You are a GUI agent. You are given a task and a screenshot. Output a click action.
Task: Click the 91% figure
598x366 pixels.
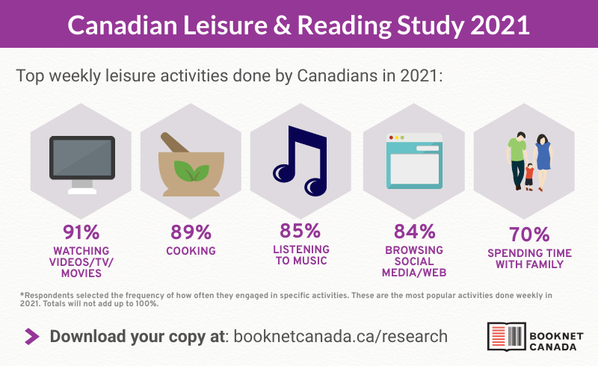[x=81, y=232]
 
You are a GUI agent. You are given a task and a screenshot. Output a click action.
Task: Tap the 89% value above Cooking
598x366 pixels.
[x=190, y=232]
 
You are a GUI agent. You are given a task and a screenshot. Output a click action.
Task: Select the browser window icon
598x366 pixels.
[x=413, y=161]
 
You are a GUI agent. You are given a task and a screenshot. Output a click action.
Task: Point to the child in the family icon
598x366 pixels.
[x=529, y=176]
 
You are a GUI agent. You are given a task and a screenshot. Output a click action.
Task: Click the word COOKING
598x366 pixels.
[x=190, y=251]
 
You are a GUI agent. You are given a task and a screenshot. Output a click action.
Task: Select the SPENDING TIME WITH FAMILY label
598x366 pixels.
[x=524, y=258]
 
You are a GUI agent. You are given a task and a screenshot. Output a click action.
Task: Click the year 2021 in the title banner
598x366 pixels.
[x=499, y=25]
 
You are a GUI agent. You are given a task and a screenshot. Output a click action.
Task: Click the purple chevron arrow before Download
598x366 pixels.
[x=32, y=336]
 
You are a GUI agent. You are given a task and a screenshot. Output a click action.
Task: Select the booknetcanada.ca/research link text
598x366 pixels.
[x=341, y=336]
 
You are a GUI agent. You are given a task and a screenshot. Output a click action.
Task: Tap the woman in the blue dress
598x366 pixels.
[x=543, y=153]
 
